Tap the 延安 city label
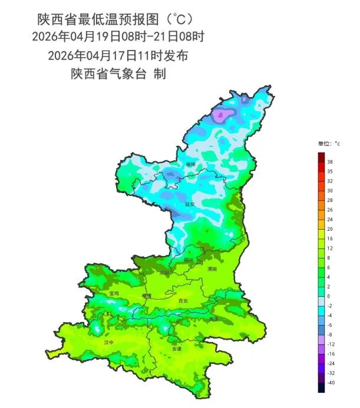click(190, 204)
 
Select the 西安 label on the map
click(183, 300)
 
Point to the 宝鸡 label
click(114, 293)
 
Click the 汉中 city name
click(109, 341)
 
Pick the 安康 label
click(177, 349)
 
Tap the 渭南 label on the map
click(212, 268)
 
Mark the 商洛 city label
click(213, 319)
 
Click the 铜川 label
click(189, 260)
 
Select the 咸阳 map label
click(164, 273)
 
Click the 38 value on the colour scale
click(330, 161)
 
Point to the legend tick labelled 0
click(329, 296)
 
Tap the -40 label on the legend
click(331, 383)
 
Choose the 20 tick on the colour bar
click(330, 228)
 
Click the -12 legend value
click(331, 344)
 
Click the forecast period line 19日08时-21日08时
click(118, 37)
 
